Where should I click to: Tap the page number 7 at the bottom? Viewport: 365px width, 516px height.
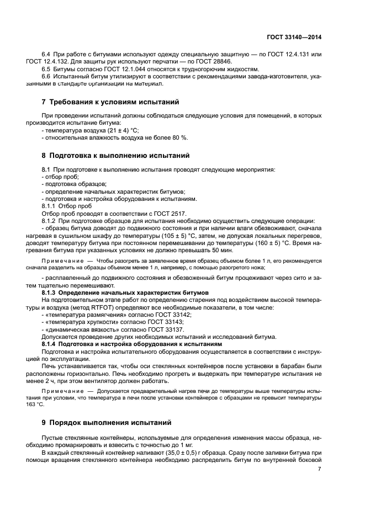click(319, 469)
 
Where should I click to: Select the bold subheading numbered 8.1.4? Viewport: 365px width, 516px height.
click(132, 343)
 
